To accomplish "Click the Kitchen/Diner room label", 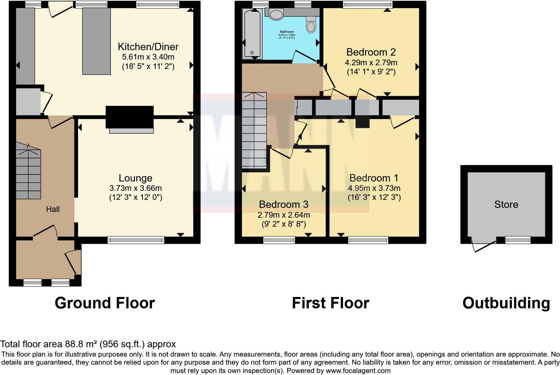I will click(148, 47).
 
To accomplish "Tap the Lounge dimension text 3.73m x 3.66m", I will click(136, 188).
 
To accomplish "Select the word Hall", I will click(53, 209).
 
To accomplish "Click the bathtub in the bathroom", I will click(252, 33).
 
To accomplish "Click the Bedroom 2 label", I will click(371, 52).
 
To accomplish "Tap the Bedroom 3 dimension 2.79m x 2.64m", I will click(283, 215).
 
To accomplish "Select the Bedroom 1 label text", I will click(374, 178).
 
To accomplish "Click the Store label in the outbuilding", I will click(506, 205).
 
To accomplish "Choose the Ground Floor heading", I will click(104, 303).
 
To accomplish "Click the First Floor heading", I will click(330, 303).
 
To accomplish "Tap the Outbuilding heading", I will click(506, 303).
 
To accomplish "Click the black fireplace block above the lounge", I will click(130, 117).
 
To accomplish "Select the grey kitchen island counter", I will click(96, 41).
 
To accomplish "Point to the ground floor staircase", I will click(28, 174).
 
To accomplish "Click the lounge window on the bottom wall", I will click(136, 240).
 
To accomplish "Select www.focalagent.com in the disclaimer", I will click(358, 371).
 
